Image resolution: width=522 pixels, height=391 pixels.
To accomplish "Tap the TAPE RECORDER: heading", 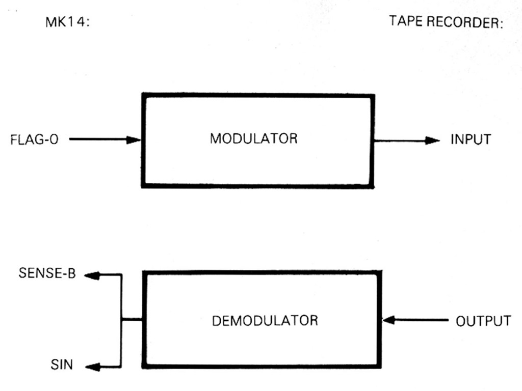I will click(446, 23).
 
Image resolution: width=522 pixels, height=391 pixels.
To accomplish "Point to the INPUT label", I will click(471, 139).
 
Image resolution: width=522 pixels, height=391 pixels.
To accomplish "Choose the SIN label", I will click(61, 365).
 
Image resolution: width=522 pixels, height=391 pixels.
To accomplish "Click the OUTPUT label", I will click(483, 321).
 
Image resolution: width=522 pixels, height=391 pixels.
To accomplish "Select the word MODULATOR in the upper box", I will click(253, 138).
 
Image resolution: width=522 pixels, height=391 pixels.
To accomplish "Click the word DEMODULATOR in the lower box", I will click(264, 321).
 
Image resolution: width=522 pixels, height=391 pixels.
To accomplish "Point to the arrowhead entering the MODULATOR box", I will click(135, 139).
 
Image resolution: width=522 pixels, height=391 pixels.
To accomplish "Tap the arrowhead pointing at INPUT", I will click(433, 140).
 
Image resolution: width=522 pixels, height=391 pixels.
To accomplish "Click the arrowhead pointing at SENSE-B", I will click(91, 275).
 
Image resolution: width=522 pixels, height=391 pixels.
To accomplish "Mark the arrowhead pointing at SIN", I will click(92, 366).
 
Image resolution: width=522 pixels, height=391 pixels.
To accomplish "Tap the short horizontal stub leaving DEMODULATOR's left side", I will click(132, 320).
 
